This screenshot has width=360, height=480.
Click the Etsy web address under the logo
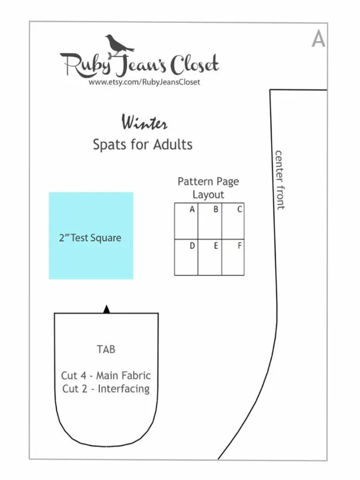coord(144,82)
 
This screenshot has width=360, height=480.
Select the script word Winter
coord(144,123)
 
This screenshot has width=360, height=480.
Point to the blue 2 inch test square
coord(90,235)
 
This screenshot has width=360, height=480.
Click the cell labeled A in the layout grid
coord(186,221)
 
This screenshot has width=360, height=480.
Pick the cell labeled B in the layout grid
coord(210,221)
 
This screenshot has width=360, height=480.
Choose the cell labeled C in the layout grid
coord(233,221)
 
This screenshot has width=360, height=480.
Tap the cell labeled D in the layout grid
coord(186,257)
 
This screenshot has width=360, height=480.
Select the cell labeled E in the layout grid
coord(210,257)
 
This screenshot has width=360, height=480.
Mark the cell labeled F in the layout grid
coord(233,257)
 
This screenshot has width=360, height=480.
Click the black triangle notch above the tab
coord(106,309)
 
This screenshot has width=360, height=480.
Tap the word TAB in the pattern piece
coord(106,349)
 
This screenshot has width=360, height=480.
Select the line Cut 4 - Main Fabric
coord(106,375)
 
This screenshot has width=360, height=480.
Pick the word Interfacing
coord(124,389)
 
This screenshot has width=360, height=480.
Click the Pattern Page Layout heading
coord(208,187)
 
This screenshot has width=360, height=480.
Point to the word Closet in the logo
coord(194,65)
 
